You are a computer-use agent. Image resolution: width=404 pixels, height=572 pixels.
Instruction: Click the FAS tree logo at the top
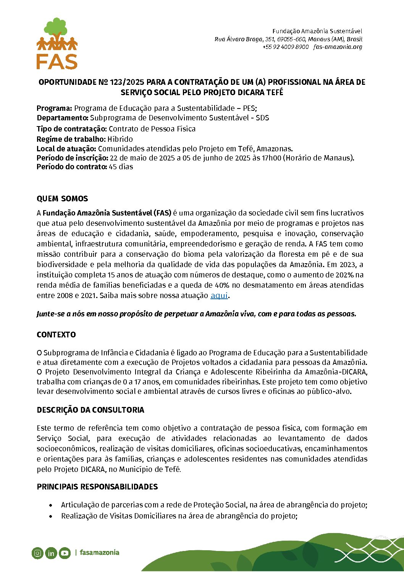click(x=57, y=43)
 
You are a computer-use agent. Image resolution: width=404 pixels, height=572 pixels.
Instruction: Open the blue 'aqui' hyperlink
click(x=219, y=295)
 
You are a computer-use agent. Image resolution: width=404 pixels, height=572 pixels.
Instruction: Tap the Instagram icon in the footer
click(x=37, y=553)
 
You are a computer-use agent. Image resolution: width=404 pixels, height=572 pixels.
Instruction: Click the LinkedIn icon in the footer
click(x=51, y=553)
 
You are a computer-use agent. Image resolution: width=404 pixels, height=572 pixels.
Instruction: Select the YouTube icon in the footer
click(x=65, y=553)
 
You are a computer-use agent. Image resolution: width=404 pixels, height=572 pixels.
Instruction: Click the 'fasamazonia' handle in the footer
click(x=99, y=553)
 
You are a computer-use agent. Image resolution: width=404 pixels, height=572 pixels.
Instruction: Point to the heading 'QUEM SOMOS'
click(x=62, y=199)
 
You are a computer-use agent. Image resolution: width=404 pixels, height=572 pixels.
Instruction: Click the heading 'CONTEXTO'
click(x=56, y=335)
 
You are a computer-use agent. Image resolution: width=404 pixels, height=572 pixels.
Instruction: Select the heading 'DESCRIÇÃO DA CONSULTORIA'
click(x=90, y=410)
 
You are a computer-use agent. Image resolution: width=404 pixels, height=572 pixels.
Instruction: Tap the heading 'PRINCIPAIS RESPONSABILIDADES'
click(x=97, y=487)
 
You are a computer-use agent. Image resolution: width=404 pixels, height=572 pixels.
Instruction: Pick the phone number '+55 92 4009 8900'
click(x=285, y=47)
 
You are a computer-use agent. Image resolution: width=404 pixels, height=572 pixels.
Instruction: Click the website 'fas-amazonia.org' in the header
click(x=338, y=47)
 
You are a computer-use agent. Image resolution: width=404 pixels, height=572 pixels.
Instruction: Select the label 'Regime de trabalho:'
click(x=71, y=139)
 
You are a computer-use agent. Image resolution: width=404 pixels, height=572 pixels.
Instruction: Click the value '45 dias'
click(x=121, y=167)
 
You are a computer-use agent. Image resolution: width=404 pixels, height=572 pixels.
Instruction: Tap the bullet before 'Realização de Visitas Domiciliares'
click(x=50, y=516)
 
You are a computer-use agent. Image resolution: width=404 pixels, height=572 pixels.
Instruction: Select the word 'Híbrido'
click(x=120, y=139)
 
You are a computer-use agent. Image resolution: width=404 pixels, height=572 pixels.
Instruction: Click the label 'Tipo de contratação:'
click(x=72, y=129)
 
